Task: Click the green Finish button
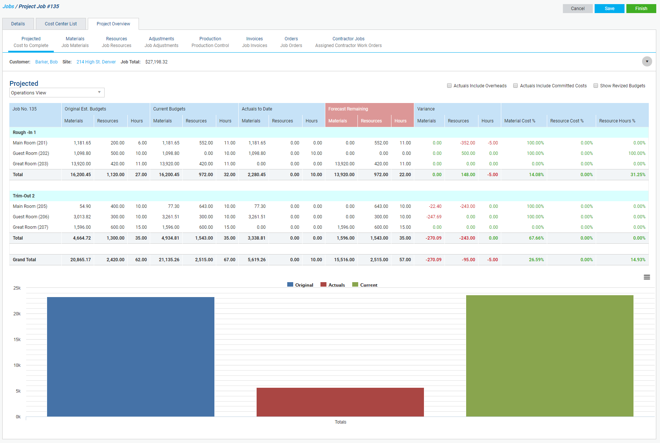click(x=641, y=9)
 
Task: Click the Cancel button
click(x=577, y=9)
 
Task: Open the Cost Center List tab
click(x=61, y=24)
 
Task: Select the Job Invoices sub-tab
click(x=254, y=42)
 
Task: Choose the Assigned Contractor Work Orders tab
click(x=348, y=42)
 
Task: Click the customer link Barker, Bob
click(x=46, y=62)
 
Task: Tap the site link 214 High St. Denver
click(x=96, y=62)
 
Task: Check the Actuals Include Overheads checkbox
click(x=449, y=85)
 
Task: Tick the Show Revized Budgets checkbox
click(x=596, y=85)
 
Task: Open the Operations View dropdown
click(x=57, y=93)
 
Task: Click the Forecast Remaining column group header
click(x=348, y=109)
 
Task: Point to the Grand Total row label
click(x=24, y=260)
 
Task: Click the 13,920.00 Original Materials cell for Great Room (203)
click(x=81, y=164)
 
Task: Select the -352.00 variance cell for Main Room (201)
click(x=467, y=143)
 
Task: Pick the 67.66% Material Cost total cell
click(x=536, y=238)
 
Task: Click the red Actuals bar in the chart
click(x=340, y=402)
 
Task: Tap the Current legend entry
click(x=365, y=285)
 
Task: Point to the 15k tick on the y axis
click(x=17, y=340)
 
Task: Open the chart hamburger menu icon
click(x=647, y=277)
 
